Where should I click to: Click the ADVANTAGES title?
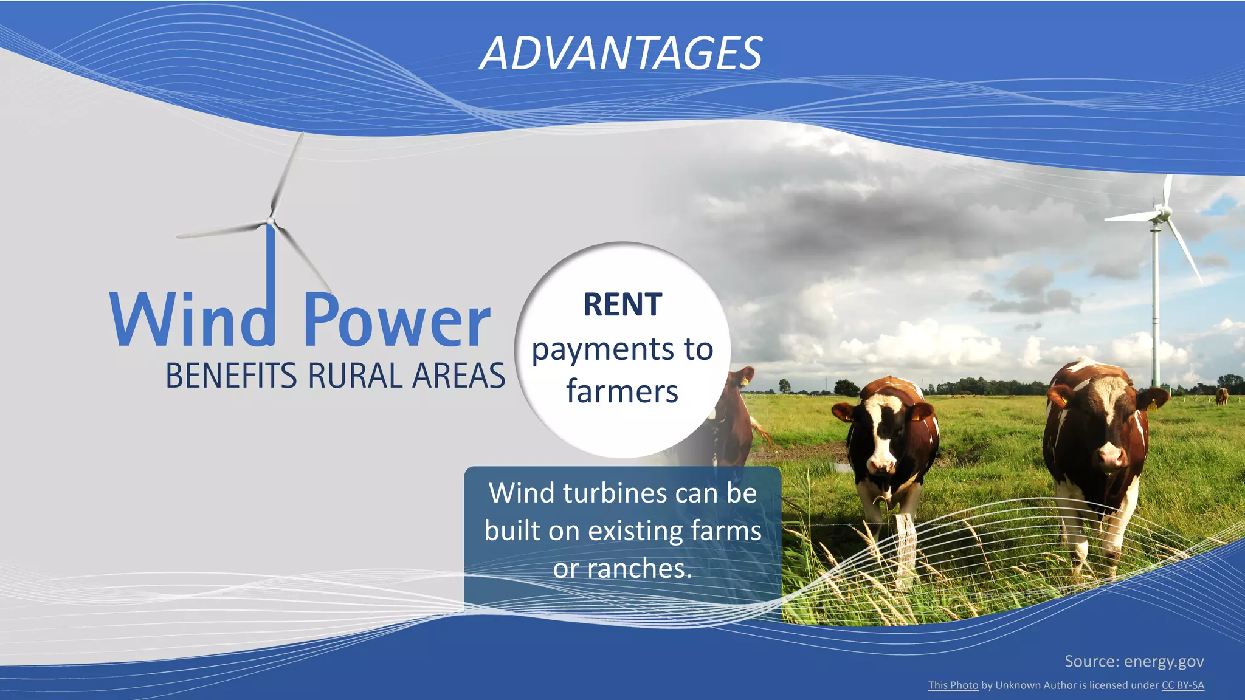pyautogui.click(x=621, y=53)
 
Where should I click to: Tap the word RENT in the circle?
pyautogui.click(x=622, y=304)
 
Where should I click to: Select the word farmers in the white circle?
pyautogui.click(x=622, y=391)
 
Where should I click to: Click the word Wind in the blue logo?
pyautogui.click(x=191, y=320)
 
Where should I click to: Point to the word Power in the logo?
pyautogui.click(x=396, y=321)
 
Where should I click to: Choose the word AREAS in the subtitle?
pyautogui.click(x=459, y=376)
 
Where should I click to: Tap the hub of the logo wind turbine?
pyautogui.click(x=271, y=221)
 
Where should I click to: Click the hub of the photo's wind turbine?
pyautogui.click(x=1162, y=212)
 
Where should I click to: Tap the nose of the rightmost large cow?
pyautogui.click(x=1110, y=454)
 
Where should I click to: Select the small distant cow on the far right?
pyautogui.click(x=1221, y=396)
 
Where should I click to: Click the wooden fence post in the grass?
pyautogui.click(x=906, y=547)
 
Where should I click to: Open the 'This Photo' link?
pyautogui.click(x=953, y=685)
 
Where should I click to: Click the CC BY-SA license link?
pyautogui.click(x=1182, y=685)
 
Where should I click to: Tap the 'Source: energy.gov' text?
pyautogui.click(x=1134, y=661)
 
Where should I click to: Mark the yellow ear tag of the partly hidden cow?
pyautogui.click(x=744, y=380)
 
